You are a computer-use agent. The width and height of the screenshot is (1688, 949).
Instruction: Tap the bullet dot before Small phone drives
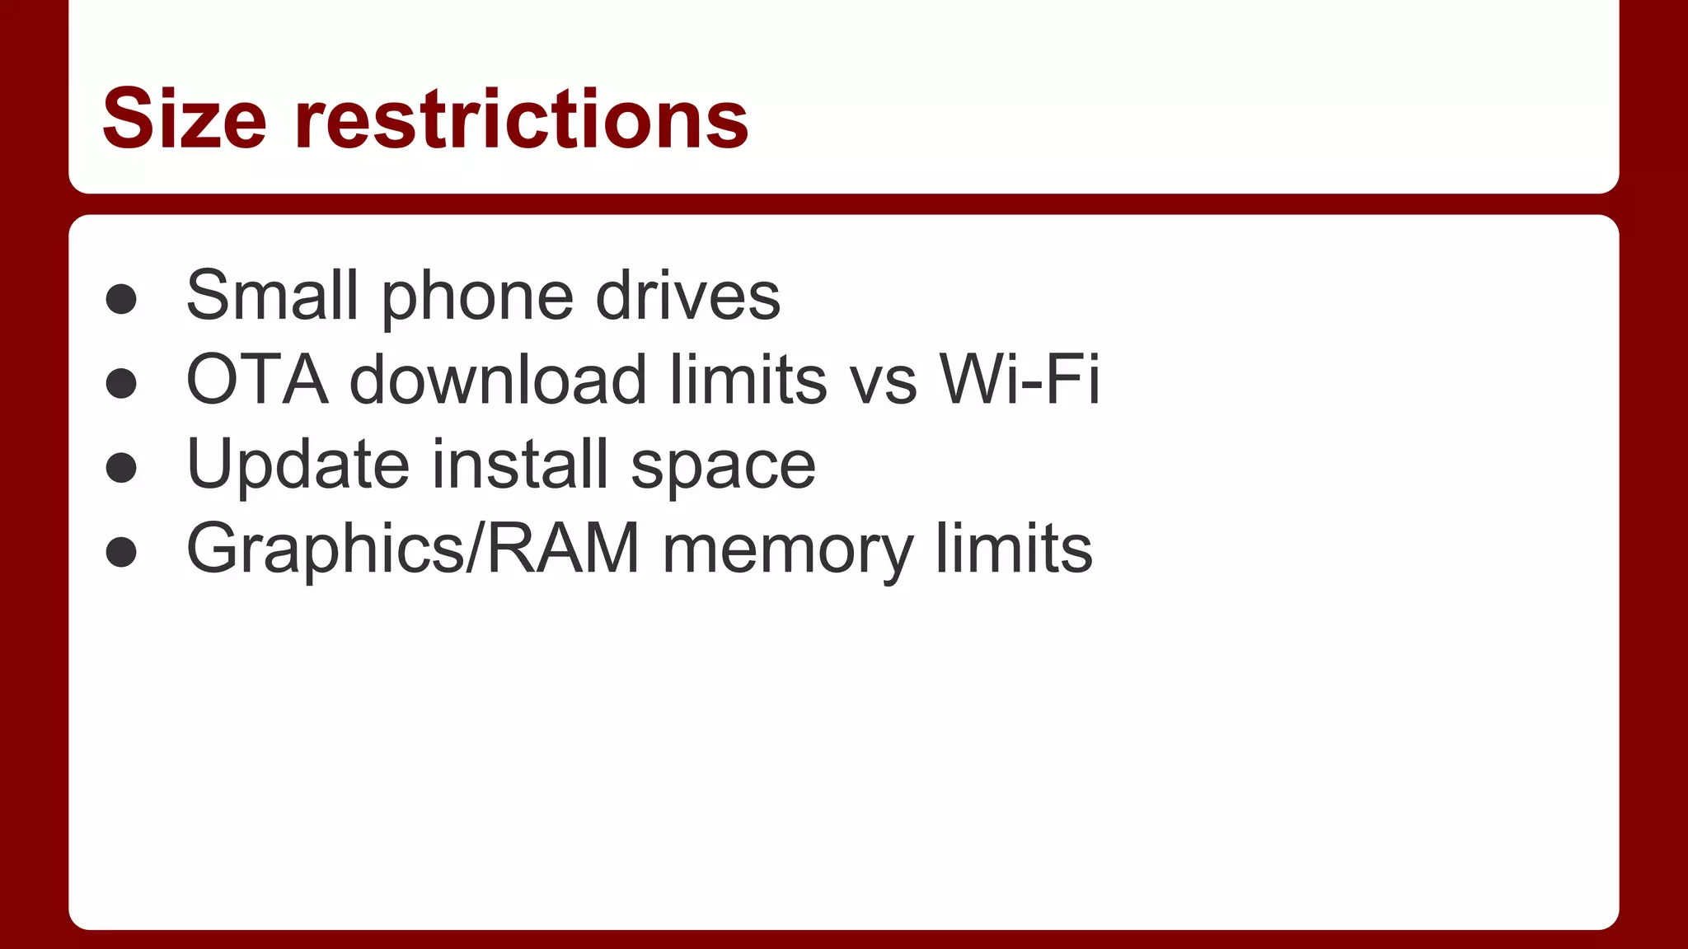[x=121, y=299]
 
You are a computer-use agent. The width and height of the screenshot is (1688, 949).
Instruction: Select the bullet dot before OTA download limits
[x=121, y=383]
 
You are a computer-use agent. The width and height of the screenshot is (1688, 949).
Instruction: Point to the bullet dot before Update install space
[x=121, y=468]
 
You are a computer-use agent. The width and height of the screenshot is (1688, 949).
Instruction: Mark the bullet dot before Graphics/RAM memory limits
[x=121, y=552]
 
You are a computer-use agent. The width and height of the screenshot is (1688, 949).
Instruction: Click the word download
[x=499, y=380]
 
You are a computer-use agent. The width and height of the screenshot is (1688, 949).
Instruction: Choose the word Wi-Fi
[x=1020, y=380]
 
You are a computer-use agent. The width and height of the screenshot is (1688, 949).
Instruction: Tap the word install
[x=520, y=464]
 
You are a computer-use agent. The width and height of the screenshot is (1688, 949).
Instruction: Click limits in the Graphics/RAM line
[x=1014, y=549]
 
